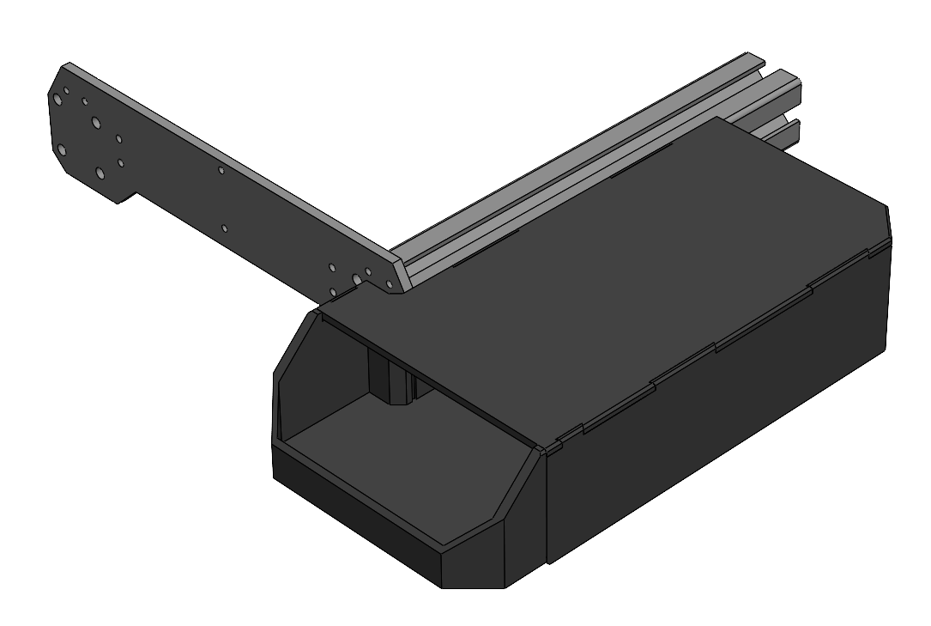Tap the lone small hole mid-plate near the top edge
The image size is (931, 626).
tap(221, 170)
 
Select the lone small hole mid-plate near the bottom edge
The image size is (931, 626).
tap(224, 228)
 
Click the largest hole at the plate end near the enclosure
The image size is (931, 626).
tap(357, 279)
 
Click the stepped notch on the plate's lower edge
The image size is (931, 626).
tap(125, 198)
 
